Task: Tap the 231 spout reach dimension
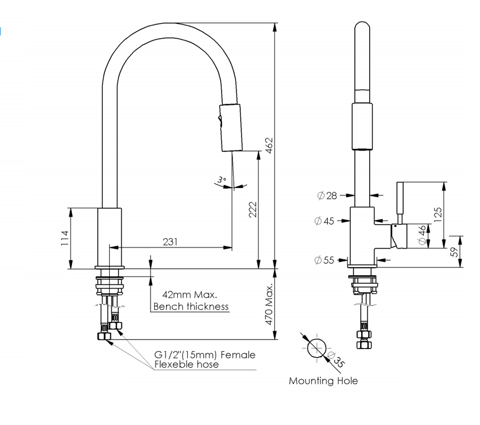click(170, 242)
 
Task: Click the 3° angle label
click(222, 180)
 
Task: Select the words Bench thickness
click(191, 307)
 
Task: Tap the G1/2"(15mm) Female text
click(205, 355)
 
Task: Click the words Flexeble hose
click(186, 364)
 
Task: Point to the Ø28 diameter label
click(327, 195)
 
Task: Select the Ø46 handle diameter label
click(423, 235)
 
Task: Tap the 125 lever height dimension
click(438, 214)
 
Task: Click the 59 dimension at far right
click(455, 252)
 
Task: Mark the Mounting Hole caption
click(323, 381)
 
